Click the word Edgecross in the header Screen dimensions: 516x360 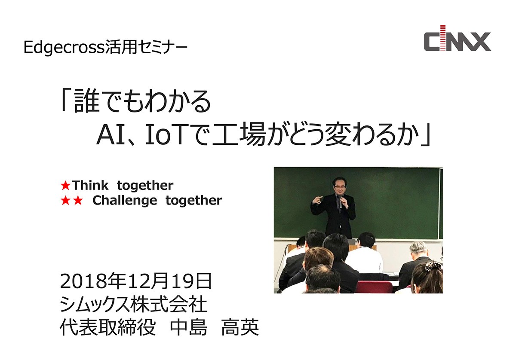pos(64,48)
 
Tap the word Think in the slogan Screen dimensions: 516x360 pos(90,185)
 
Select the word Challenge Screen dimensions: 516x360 pos(125,200)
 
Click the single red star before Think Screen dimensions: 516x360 pos(65,186)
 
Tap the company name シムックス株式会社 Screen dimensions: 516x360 pos(134,304)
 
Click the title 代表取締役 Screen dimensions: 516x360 pos(107,327)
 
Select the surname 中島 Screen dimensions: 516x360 pos(188,327)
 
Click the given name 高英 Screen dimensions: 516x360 pos(240,327)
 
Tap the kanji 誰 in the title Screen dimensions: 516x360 pos(86,101)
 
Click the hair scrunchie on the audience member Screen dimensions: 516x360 pos(433,266)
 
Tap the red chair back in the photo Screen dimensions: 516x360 pos(374,287)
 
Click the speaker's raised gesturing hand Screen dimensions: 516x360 pos(318,200)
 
